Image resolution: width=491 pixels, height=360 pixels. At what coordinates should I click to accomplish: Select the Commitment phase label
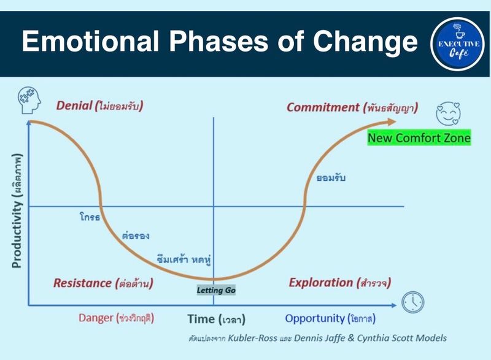(x=323, y=107)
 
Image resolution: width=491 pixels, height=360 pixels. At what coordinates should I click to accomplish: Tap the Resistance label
(x=82, y=283)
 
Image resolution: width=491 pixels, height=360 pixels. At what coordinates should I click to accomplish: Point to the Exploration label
(x=320, y=283)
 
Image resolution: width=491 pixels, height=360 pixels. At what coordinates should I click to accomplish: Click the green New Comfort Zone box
(x=419, y=138)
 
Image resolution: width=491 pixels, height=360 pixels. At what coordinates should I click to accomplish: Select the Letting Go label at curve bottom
(x=216, y=289)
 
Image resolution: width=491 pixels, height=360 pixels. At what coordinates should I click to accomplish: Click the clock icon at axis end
(x=413, y=302)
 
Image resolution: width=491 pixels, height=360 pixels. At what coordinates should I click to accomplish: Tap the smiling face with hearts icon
(x=447, y=114)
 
